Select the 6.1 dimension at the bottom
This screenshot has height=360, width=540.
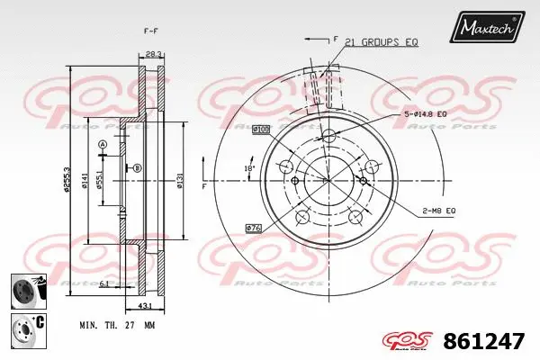click(x=104, y=283)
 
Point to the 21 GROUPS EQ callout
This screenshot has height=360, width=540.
click(x=382, y=42)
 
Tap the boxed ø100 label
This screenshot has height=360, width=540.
click(x=261, y=130)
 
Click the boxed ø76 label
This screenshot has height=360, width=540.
click(x=253, y=228)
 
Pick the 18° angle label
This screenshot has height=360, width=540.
click(x=251, y=168)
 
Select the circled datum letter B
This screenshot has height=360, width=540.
click(x=138, y=168)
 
